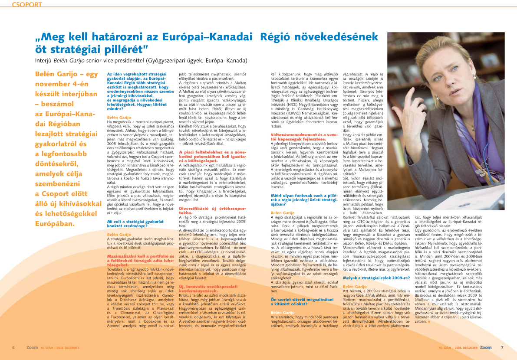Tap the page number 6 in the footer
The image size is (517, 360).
13,347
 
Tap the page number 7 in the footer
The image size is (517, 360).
502,347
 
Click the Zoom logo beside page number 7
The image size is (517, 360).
486,347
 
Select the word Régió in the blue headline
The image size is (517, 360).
277,37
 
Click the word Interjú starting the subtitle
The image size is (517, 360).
45,60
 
